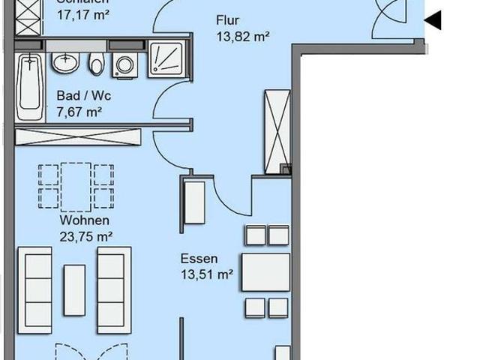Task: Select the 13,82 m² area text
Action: (242, 35)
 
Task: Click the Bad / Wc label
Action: (79, 96)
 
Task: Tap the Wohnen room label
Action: (85, 220)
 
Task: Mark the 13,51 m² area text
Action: (206, 274)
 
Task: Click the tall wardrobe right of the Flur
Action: (277, 130)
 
